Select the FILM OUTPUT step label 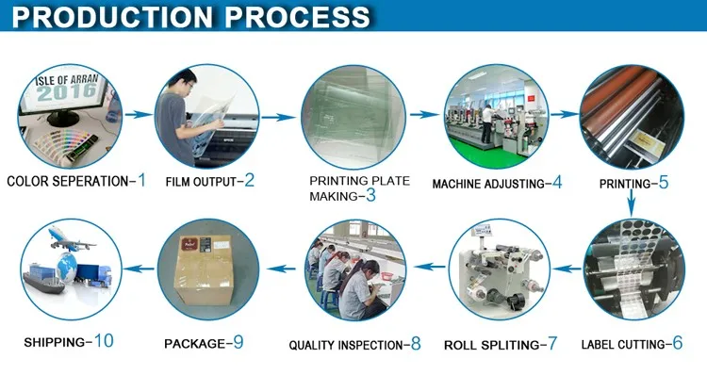203,181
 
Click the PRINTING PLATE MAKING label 359,187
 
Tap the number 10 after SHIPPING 104,341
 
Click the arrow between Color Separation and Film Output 140,115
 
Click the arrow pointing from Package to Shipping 139,269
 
